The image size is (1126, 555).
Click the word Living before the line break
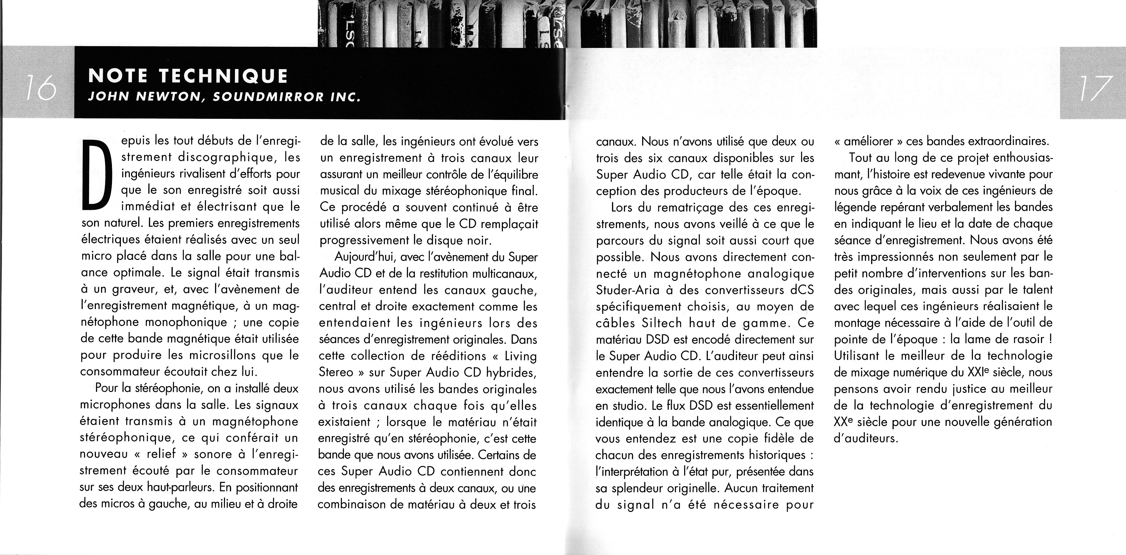tap(521, 356)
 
